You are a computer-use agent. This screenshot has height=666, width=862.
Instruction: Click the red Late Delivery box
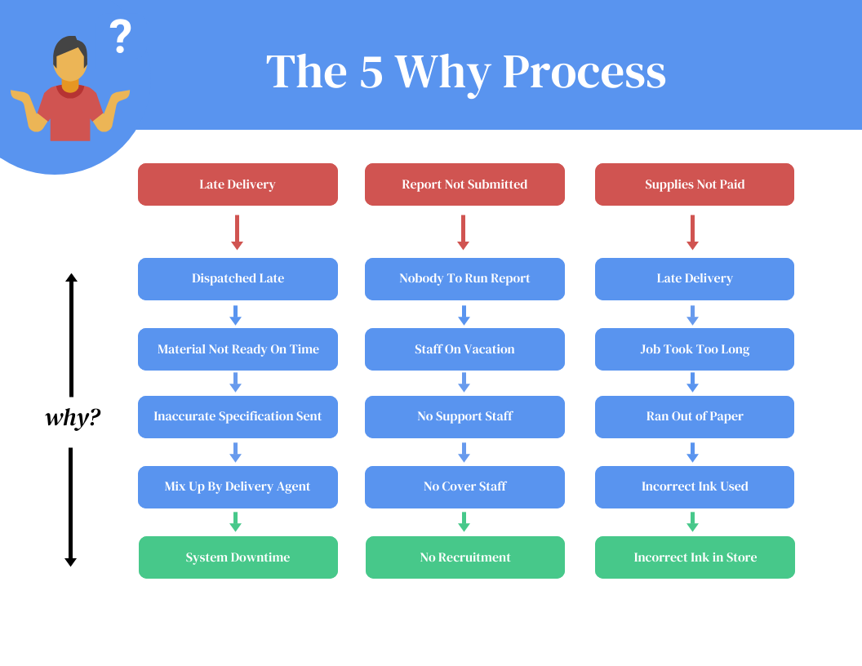pos(238,184)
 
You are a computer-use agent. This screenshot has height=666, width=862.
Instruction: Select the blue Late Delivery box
pos(694,279)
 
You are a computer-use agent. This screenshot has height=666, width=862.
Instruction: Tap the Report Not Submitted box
pos(464,184)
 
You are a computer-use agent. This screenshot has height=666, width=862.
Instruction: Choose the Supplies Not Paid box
pos(694,184)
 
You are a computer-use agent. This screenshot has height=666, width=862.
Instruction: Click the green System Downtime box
pos(238,557)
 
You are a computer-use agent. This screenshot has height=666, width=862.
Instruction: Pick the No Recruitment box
pos(464,557)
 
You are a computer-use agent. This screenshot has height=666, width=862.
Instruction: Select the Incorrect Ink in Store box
pos(695,557)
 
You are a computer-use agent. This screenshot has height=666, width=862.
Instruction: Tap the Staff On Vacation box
pos(464,349)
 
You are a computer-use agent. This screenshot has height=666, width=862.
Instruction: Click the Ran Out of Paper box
pos(694,416)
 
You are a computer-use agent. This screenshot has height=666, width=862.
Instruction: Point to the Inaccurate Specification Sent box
pos(238,416)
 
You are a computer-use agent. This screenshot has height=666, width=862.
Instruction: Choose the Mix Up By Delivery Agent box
pos(238,486)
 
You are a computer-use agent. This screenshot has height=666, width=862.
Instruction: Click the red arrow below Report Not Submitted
pos(463,232)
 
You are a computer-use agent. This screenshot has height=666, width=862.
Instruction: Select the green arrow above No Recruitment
pos(464,522)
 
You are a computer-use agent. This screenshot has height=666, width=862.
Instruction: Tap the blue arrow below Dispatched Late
pos(235,315)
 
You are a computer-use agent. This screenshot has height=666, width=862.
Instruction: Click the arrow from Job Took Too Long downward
pos(692,382)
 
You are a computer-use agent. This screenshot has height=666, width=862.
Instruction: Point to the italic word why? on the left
pos(73,418)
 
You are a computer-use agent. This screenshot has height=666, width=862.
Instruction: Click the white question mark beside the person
pos(120,37)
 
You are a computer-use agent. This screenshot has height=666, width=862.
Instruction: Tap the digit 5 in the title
pos(371,72)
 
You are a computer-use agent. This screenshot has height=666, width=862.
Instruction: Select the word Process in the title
pos(584,72)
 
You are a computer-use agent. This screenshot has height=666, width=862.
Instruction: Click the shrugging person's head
pos(69,60)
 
